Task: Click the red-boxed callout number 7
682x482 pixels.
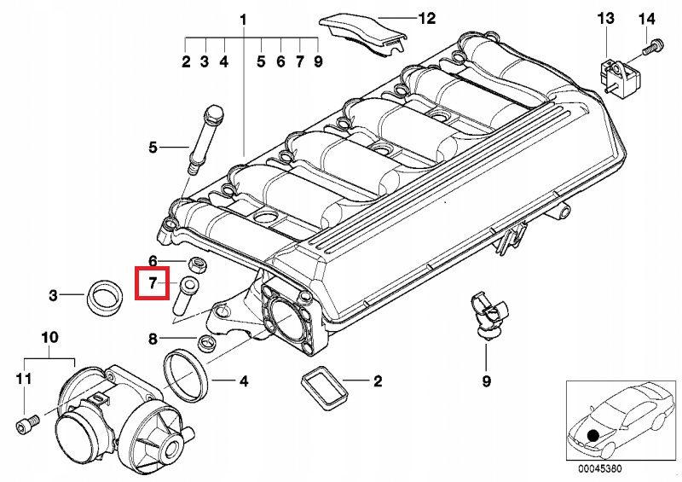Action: tap(153, 283)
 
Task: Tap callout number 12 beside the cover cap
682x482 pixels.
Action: tap(427, 18)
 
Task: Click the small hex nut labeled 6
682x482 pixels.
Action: tap(197, 264)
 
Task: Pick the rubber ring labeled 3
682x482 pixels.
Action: tap(104, 298)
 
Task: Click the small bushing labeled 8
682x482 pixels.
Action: tap(206, 343)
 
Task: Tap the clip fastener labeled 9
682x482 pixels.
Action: tap(487, 315)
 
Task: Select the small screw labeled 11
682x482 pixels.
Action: tap(27, 423)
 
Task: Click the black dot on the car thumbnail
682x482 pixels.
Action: tap(592, 435)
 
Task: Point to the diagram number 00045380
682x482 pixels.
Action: tap(600, 468)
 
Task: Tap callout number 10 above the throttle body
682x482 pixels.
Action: tap(49, 338)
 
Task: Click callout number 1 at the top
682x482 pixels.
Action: tap(243, 20)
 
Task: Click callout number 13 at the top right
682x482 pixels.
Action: tap(605, 18)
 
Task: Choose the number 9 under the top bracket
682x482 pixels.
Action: tap(318, 61)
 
